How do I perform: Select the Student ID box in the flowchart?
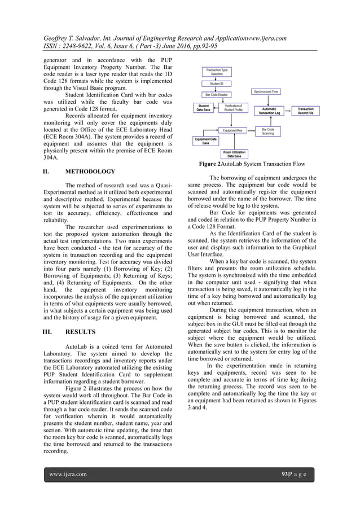tap(216, 84)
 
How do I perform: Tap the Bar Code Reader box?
tap(216, 95)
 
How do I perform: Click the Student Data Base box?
tap(204, 107)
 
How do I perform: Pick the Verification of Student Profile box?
tap(233, 107)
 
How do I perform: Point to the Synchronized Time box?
tap(265, 91)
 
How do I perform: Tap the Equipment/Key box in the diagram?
tap(233, 130)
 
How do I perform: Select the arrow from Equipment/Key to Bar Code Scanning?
tap(251, 130)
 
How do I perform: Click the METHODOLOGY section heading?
tap(91, 171)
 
